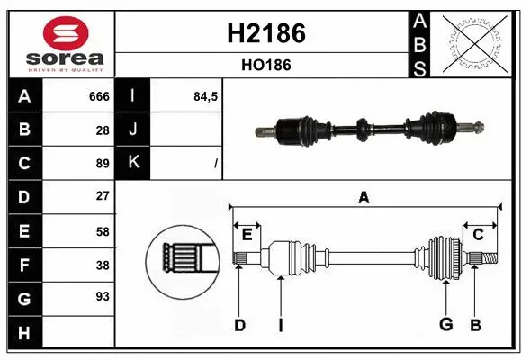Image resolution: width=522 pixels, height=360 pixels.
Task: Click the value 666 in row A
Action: (x=99, y=96)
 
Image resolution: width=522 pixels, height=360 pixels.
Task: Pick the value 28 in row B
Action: (x=103, y=130)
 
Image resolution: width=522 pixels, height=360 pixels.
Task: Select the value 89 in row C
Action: (x=103, y=163)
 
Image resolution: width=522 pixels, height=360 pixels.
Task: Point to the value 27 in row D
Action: (x=103, y=196)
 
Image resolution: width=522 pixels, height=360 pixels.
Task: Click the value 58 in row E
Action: (x=103, y=230)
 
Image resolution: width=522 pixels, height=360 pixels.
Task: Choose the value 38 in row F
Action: (x=103, y=265)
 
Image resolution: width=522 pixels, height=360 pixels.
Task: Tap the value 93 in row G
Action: (x=103, y=296)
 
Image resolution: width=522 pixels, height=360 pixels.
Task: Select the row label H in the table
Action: (x=24, y=332)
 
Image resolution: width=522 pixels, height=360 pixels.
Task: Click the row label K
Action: (x=134, y=163)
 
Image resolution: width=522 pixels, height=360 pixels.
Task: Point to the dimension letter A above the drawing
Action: (x=364, y=198)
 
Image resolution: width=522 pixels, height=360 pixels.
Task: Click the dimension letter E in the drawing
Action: (x=247, y=235)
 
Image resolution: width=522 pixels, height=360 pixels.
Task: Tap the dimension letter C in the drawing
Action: (x=478, y=235)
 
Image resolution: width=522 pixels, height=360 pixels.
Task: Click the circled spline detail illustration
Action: (x=184, y=262)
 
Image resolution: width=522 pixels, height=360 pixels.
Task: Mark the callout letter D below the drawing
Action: (x=239, y=325)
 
